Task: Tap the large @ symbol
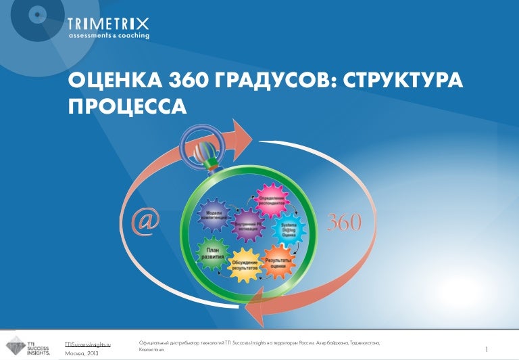tap(146, 223)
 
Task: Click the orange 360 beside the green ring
tap(343, 221)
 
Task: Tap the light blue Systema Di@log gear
tap(287, 231)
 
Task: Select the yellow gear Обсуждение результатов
tap(245, 265)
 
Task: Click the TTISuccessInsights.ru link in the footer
tap(89, 344)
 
